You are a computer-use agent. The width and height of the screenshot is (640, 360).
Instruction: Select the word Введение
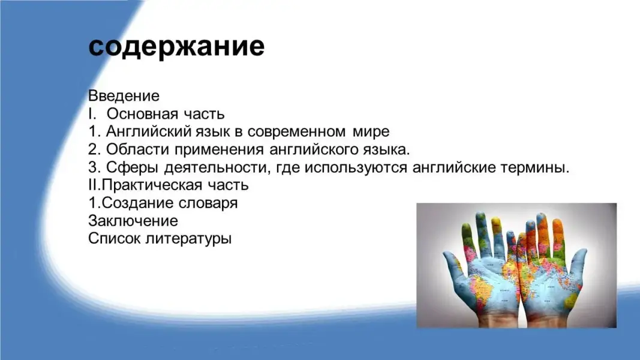124,96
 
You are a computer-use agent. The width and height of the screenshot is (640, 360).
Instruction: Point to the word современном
296,132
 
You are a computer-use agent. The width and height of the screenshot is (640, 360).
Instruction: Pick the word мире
371,132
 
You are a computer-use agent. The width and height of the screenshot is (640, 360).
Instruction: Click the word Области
138,150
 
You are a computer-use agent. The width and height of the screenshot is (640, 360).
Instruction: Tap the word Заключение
133,221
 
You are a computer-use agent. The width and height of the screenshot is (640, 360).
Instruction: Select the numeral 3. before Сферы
94,167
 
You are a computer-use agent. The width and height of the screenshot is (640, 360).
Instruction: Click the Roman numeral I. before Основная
92,114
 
